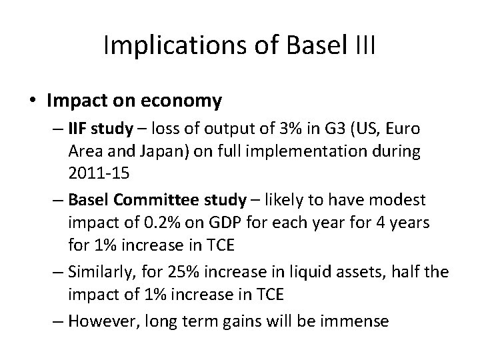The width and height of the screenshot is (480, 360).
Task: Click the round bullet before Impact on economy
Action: point(33,101)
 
